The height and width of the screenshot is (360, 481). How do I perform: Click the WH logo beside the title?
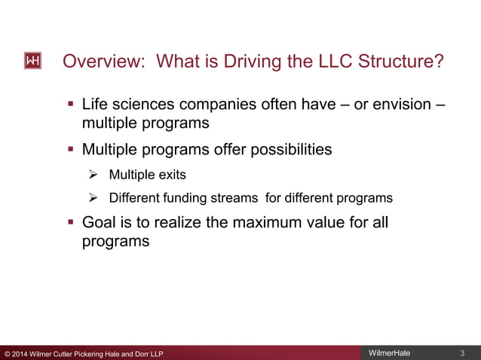click(x=32, y=62)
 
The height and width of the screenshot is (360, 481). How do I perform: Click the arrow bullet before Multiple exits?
click(x=94, y=175)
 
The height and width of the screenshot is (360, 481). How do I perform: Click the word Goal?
click(x=100, y=223)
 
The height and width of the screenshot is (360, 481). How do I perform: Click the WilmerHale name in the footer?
click(x=389, y=353)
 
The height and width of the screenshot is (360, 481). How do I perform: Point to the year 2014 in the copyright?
click(x=21, y=354)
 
